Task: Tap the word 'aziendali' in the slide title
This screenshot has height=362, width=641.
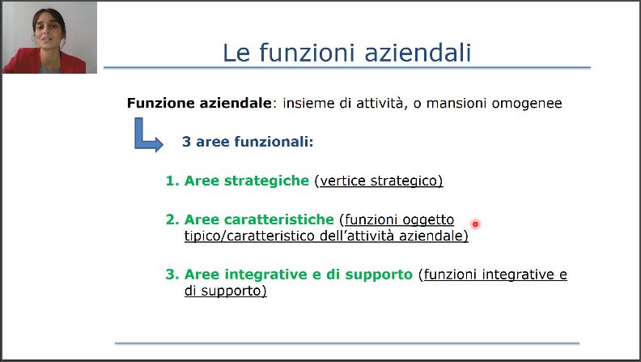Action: (418, 53)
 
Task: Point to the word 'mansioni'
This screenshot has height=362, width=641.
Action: (456, 103)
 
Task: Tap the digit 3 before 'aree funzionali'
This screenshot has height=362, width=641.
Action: (186, 142)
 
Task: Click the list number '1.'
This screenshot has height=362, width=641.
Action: (172, 181)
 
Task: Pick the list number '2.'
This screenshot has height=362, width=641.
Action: (172, 219)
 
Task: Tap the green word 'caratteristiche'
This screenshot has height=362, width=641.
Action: (279, 219)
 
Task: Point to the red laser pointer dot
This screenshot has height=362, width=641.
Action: (475, 224)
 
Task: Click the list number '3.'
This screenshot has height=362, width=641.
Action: (172, 275)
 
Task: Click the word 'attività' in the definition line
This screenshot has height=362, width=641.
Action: (380, 103)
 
